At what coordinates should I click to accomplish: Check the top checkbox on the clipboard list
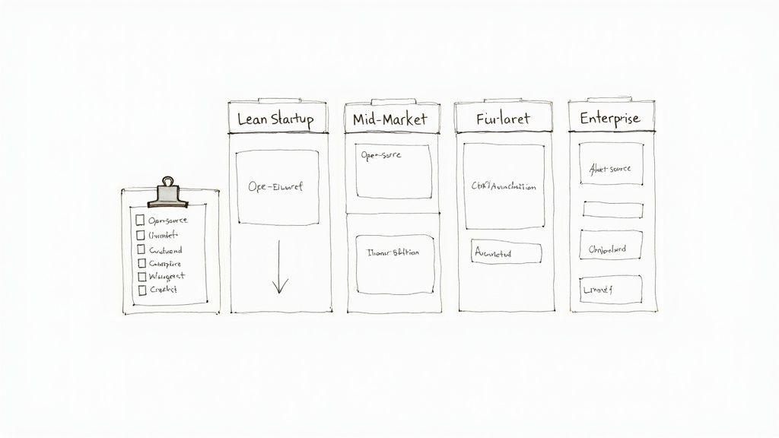click(140, 221)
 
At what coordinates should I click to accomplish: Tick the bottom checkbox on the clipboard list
click(141, 290)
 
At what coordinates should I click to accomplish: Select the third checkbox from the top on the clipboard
click(141, 249)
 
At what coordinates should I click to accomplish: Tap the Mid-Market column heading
click(390, 119)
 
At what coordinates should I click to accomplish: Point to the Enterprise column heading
click(609, 119)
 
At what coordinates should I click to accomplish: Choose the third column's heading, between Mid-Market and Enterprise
click(502, 119)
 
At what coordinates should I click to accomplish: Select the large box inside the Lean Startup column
click(277, 187)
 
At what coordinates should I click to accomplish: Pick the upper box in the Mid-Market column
click(393, 172)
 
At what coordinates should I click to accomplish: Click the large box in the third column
click(504, 186)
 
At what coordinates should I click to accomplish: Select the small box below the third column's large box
click(506, 253)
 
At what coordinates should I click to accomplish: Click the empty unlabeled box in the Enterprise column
click(612, 210)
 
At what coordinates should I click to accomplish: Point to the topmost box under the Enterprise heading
click(611, 168)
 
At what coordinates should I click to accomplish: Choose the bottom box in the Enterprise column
click(611, 290)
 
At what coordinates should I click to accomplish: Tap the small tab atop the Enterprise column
click(611, 100)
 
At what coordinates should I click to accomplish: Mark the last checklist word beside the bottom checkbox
click(164, 290)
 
